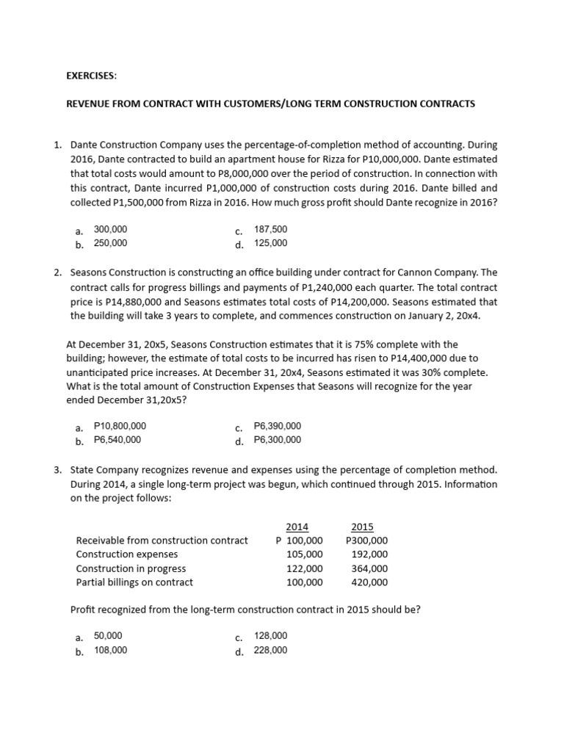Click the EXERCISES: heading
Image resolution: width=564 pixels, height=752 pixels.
[91, 75]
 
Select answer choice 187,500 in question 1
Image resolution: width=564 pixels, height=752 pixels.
[270, 229]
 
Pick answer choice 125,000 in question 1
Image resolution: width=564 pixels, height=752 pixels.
[270, 243]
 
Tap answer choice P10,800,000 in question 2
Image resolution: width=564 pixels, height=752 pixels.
[120, 426]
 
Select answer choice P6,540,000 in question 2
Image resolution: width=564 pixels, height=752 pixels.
[117, 440]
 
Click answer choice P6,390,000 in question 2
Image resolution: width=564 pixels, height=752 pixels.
[277, 426]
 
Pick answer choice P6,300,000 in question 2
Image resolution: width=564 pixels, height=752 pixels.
[277, 440]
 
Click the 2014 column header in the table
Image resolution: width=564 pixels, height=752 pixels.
[297, 527]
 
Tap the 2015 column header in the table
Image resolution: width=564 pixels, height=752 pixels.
[362, 527]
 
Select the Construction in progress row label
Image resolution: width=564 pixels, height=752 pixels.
[131, 568]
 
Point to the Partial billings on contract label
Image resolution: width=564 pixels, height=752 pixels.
[134, 582]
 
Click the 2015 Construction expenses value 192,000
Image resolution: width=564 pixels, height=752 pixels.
[370, 554]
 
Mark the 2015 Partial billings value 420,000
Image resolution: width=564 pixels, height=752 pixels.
[370, 582]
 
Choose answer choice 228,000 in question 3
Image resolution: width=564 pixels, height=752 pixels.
[270, 650]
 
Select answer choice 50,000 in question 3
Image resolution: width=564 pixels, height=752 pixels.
[108, 636]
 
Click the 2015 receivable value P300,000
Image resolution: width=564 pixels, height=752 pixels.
[366, 540]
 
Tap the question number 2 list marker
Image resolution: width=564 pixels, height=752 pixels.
[57, 272]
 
